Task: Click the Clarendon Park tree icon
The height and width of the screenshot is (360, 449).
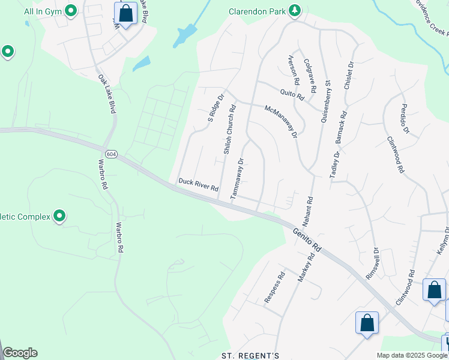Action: (x=294, y=10)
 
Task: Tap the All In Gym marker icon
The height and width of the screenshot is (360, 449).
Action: (x=71, y=10)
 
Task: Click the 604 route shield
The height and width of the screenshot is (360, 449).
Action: (x=110, y=154)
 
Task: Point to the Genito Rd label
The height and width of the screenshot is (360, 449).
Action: (x=308, y=239)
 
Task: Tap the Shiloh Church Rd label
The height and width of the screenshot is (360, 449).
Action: (x=230, y=130)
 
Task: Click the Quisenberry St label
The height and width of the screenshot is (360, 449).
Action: (x=326, y=101)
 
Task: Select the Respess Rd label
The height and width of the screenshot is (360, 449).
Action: (x=279, y=288)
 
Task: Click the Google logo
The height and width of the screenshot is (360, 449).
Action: (x=20, y=353)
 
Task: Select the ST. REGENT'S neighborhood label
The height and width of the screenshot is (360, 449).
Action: (x=250, y=355)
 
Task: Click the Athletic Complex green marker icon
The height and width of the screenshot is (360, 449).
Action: (x=59, y=216)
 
